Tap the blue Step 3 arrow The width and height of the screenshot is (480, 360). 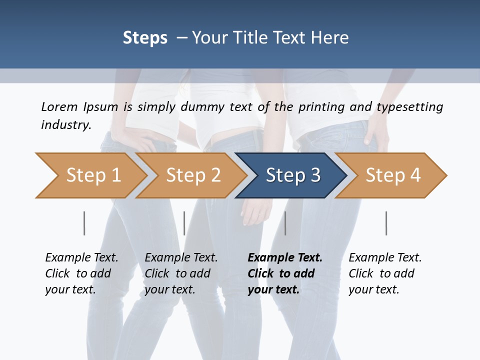pyautogui.click(x=293, y=175)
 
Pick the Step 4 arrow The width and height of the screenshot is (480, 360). pyautogui.click(x=393, y=175)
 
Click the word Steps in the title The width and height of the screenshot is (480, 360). pyautogui.click(x=145, y=38)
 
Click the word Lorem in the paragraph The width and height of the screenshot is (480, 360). pyautogui.click(x=59, y=107)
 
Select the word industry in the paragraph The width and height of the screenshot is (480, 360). pyautogui.click(x=66, y=125)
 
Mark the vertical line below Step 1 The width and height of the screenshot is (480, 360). pyautogui.click(x=84, y=223)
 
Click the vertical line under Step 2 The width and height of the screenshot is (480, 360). pyautogui.click(x=184, y=223)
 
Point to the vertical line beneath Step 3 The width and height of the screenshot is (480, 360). pyautogui.click(x=285, y=223)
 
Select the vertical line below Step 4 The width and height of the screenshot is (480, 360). pyautogui.click(x=386, y=223)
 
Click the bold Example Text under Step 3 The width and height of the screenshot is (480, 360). pyautogui.click(x=285, y=258)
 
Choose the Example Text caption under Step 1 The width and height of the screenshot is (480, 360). pyautogui.click(x=81, y=258)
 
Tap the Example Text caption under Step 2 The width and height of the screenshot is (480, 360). pyautogui.click(x=181, y=258)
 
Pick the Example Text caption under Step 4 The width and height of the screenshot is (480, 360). pyautogui.click(x=385, y=258)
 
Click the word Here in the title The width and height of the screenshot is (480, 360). pyautogui.click(x=331, y=38)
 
